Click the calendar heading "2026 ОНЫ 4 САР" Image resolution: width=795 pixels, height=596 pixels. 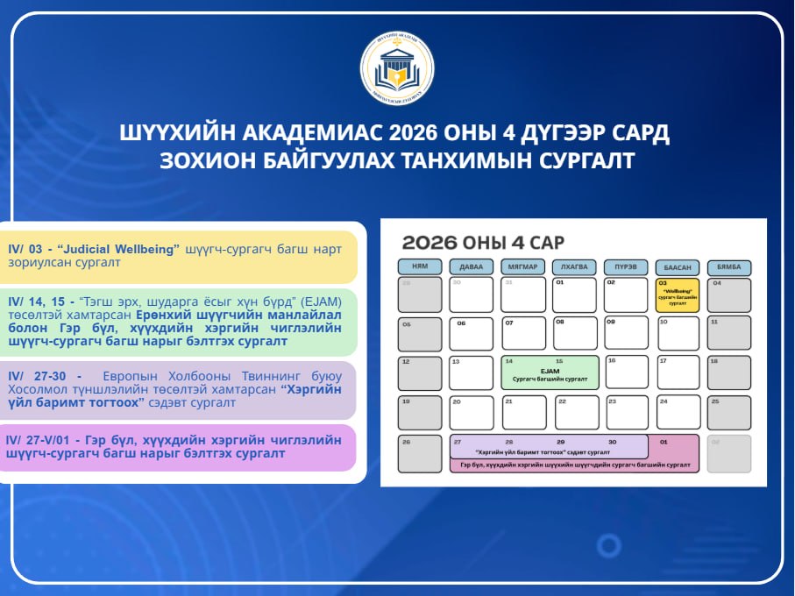point(483,242)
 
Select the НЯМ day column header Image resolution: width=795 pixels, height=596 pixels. point(420,266)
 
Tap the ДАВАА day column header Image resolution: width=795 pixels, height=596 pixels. point(472,266)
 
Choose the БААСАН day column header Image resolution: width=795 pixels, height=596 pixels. point(678,266)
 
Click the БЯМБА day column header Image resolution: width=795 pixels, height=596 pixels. point(728,266)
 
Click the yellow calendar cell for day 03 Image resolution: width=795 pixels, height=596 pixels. point(678,295)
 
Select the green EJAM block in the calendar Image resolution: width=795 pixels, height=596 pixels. point(550,372)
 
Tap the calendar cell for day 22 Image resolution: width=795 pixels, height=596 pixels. point(576,412)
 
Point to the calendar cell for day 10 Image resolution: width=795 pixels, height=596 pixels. point(678,333)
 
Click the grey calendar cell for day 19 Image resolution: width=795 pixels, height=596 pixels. point(420,412)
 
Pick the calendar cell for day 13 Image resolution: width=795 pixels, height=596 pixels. point(472,372)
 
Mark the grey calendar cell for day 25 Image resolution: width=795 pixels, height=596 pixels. point(728,412)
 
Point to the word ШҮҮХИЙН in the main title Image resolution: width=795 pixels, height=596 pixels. point(165,134)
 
